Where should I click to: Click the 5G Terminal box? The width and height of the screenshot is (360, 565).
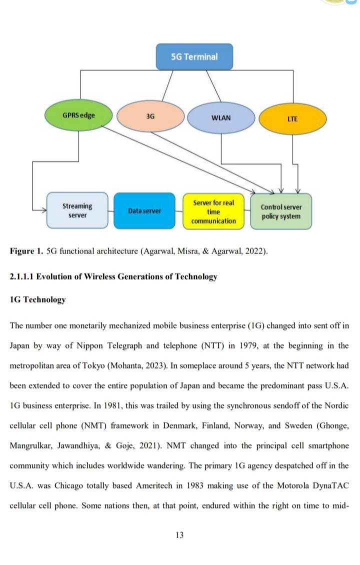coord(194,56)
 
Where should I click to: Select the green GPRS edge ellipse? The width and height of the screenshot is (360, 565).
coord(78,115)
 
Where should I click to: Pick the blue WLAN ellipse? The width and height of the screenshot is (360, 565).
coord(221,118)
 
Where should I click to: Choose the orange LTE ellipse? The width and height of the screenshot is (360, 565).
coord(292,119)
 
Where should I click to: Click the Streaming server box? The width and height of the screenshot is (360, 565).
coord(77,210)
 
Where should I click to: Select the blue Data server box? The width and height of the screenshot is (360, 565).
coord(144,211)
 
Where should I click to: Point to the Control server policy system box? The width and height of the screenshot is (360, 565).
coord(281,211)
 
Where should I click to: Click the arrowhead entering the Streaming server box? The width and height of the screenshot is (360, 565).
coord(42,210)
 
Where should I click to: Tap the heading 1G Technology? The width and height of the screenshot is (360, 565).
coord(38,300)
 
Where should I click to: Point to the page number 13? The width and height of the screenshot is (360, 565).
coord(179,535)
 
